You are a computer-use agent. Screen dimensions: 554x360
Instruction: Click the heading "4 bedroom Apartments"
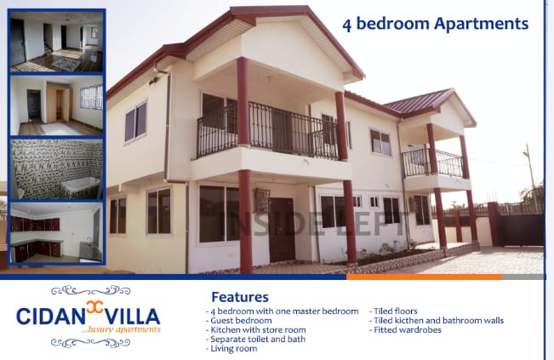436,25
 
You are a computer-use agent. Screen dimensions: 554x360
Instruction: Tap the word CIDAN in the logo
50,317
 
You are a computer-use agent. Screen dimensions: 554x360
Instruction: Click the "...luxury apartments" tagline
121,330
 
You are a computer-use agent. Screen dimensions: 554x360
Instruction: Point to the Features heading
240,297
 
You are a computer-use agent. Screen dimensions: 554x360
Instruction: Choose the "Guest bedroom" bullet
239,321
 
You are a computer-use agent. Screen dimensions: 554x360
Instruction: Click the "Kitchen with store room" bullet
256,330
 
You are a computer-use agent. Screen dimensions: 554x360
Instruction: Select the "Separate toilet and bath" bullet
256,340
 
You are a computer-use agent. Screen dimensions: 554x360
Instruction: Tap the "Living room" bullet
231,349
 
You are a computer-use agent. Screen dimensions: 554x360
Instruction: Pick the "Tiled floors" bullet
394,311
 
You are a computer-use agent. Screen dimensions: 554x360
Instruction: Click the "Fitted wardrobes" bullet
406,330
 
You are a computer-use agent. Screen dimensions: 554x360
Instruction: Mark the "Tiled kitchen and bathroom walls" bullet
437,321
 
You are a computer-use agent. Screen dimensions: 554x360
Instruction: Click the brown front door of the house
282,230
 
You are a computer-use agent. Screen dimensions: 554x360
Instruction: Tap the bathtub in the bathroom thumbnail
82,186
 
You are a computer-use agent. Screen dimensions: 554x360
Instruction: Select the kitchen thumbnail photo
56,232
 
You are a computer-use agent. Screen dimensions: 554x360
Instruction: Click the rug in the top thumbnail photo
66,64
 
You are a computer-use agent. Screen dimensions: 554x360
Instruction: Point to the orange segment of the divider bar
424,277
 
